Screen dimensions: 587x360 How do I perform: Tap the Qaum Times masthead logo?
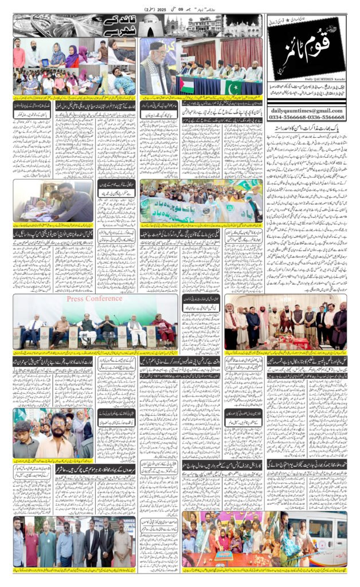pos(307,49)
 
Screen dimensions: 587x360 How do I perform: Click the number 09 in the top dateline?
pos(146,10)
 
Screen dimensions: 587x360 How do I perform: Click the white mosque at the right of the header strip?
pos(241,26)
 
